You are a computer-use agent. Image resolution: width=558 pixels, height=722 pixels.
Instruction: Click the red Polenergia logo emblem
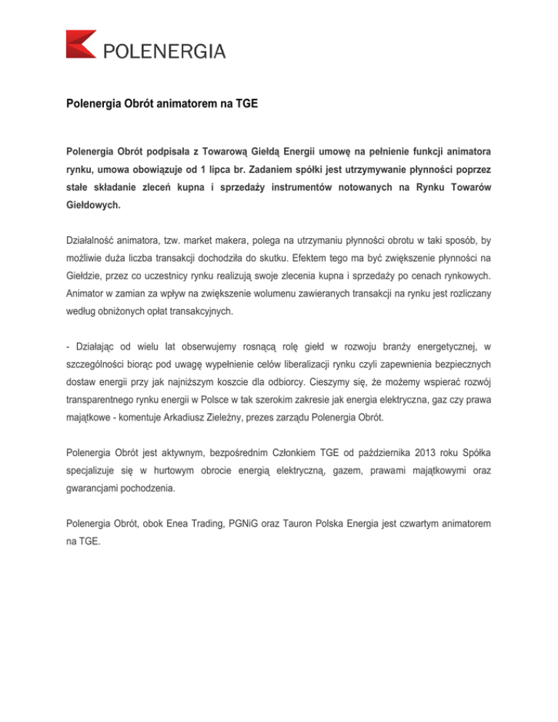[x=80, y=44]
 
